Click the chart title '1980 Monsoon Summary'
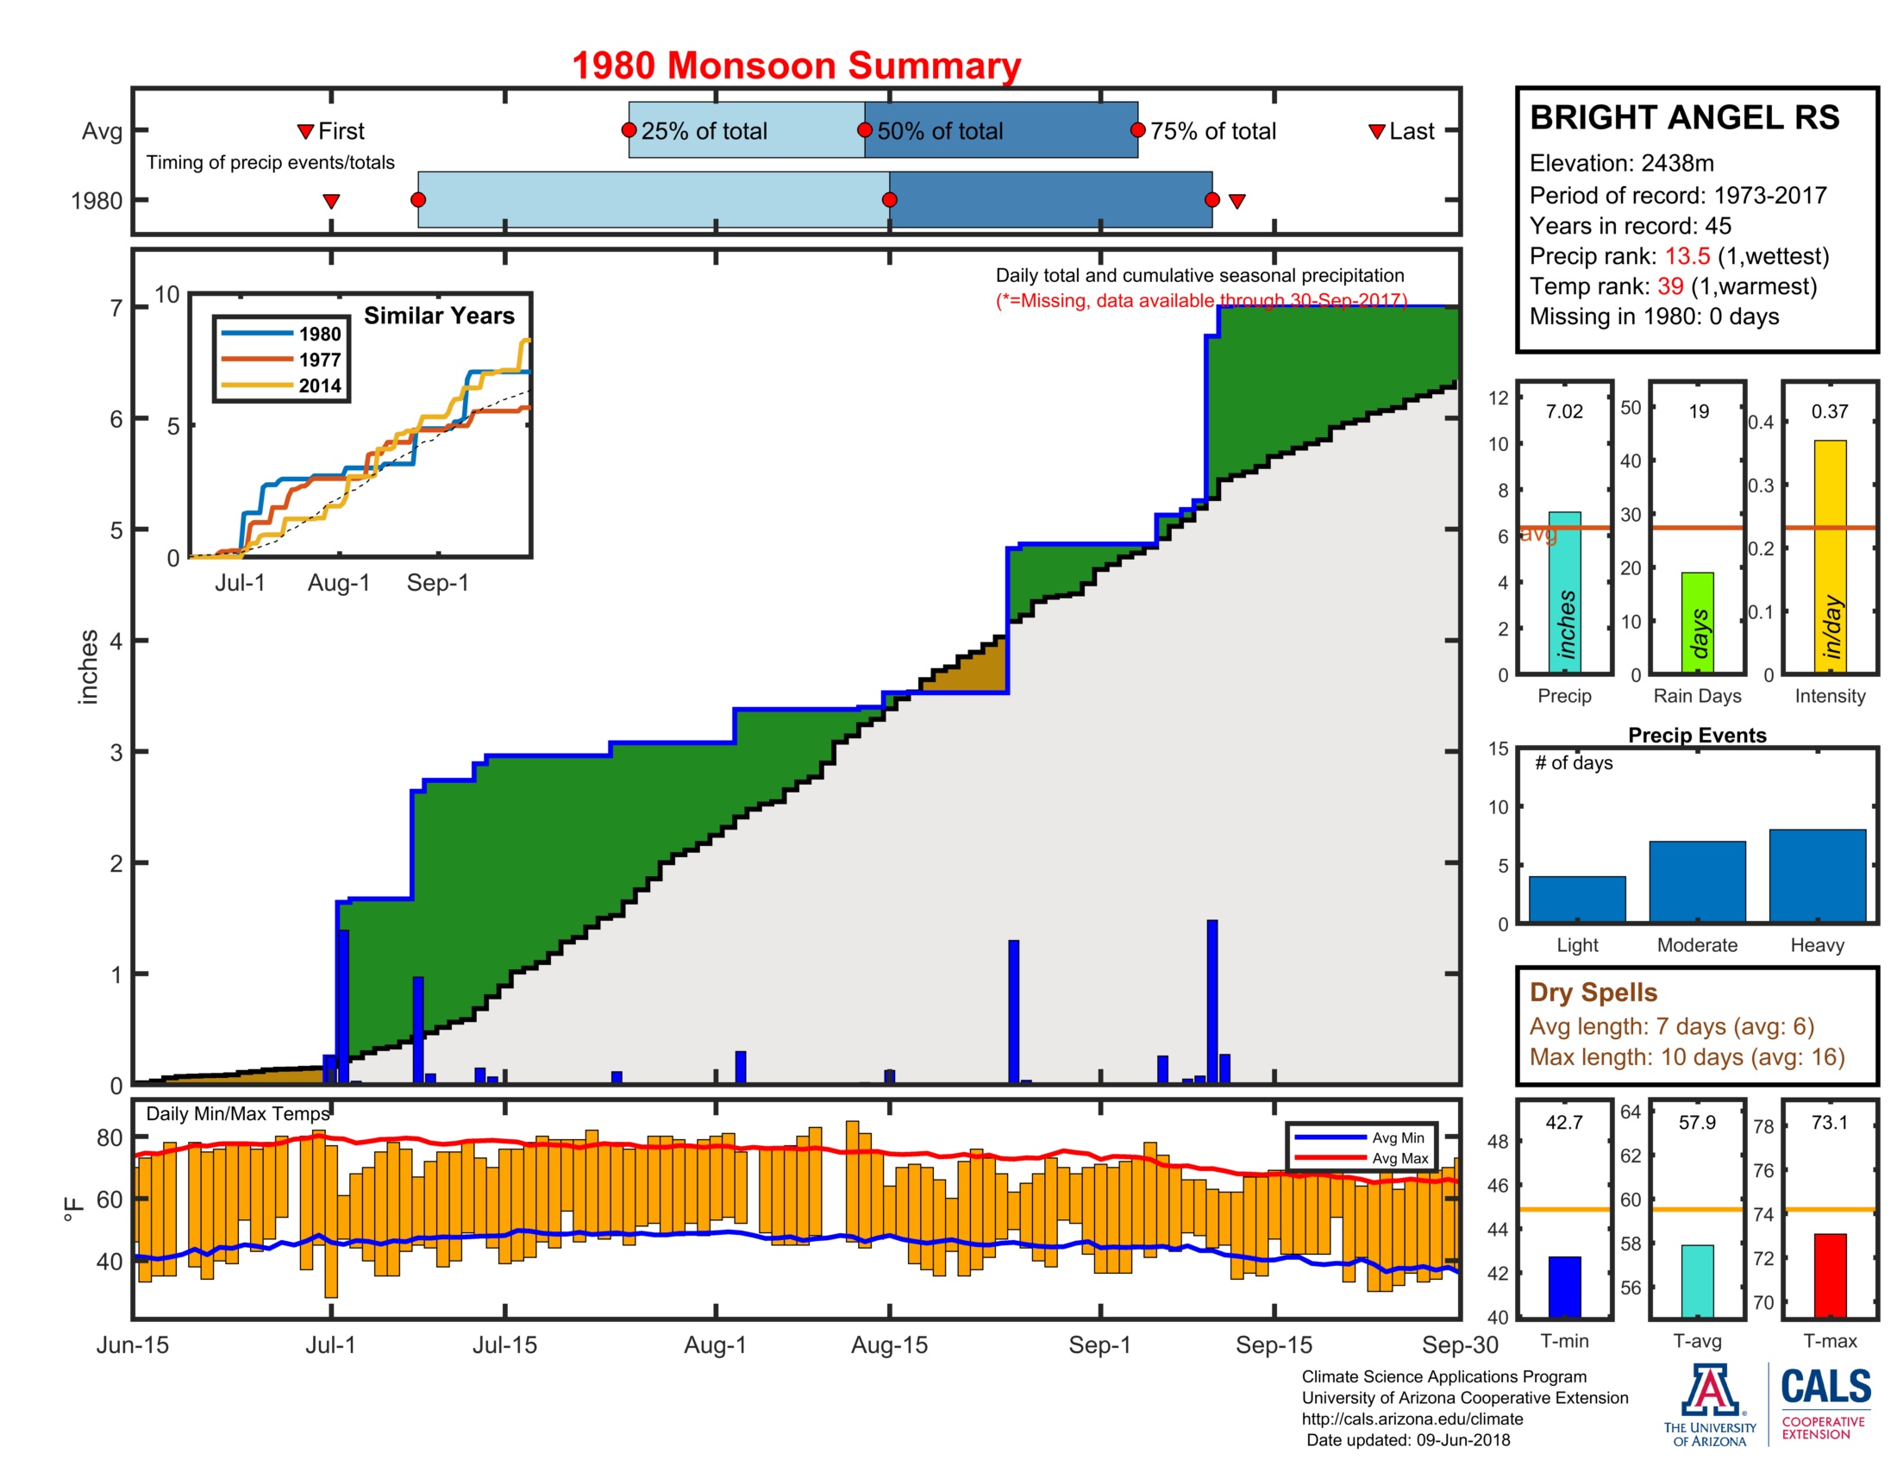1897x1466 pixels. coord(796,66)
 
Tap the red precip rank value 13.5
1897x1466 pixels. coord(1686,256)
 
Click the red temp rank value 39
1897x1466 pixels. coord(1669,286)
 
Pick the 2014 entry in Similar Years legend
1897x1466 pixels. coord(319,385)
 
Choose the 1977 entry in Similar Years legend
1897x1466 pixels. coord(319,360)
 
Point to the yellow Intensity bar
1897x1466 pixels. coord(1829,556)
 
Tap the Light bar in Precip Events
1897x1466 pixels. coord(1576,899)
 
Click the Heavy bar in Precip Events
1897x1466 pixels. coord(1817,875)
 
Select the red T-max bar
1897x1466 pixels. coord(1829,1275)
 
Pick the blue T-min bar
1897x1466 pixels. coord(1563,1287)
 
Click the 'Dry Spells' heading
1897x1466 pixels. coord(1592,993)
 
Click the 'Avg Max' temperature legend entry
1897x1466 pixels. coord(1399,1158)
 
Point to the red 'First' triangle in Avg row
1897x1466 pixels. coord(305,132)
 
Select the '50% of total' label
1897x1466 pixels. coord(939,131)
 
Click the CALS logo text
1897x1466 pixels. coord(1825,1387)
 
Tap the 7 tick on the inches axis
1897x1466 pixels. coord(116,309)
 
